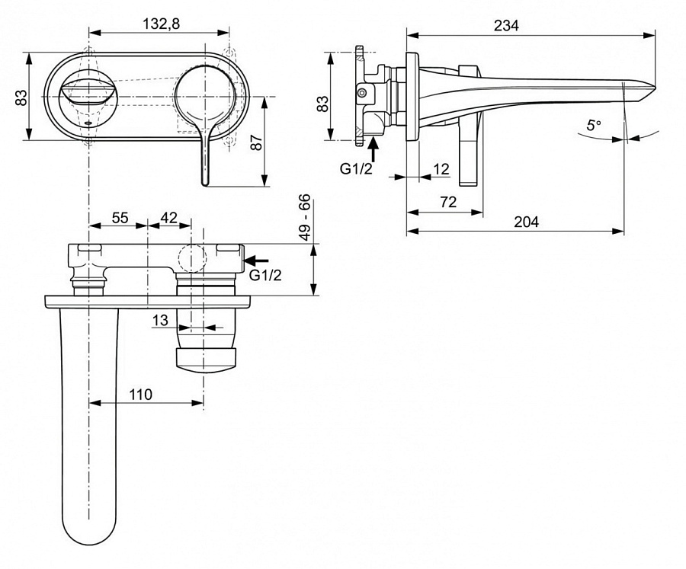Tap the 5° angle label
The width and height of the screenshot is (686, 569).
[594, 124]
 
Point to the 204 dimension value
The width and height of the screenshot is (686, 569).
[525, 222]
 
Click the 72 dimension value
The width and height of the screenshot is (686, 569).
[448, 202]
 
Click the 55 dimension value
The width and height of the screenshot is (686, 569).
[120, 217]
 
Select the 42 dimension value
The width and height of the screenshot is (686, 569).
[168, 217]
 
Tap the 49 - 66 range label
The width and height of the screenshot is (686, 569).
[304, 218]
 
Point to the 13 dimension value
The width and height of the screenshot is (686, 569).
[159, 321]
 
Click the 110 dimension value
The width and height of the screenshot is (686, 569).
[140, 395]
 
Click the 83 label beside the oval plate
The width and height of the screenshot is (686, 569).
[21, 97]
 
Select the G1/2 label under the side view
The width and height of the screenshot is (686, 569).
[357, 168]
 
